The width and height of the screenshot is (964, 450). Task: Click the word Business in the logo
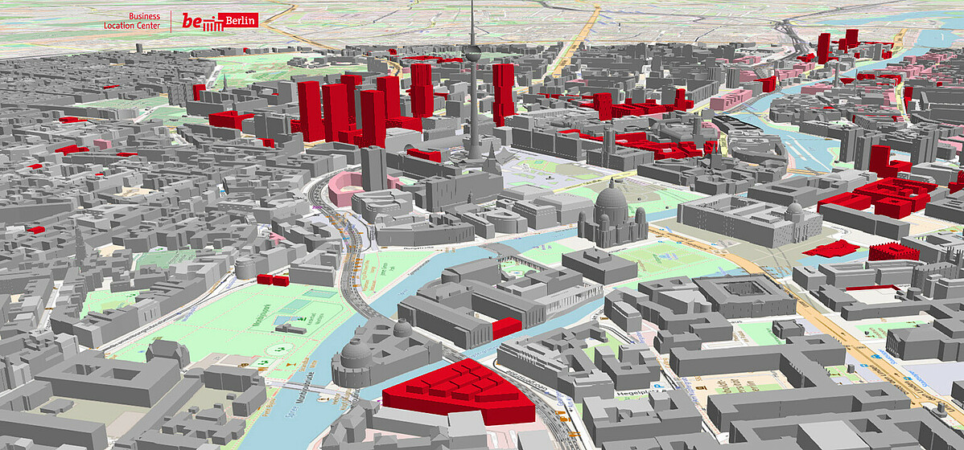[x=144, y=16]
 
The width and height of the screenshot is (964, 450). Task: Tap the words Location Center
[x=132, y=26]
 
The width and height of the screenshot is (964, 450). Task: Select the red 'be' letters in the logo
[x=192, y=21]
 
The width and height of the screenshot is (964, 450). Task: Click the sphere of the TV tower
[x=472, y=54]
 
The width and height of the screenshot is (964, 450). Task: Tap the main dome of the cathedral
[x=611, y=198]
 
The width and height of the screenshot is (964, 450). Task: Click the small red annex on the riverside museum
[x=507, y=328]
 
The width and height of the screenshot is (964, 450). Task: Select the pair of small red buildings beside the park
[x=274, y=280]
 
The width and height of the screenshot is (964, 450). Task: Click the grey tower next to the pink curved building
[x=373, y=168]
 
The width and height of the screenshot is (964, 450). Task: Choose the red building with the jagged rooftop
[x=894, y=252]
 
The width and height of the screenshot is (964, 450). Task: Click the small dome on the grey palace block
[x=794, y=210]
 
